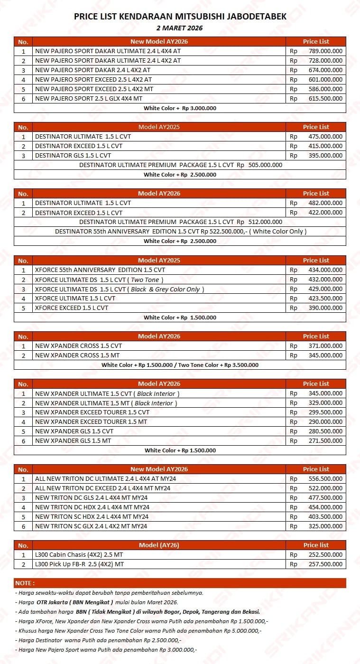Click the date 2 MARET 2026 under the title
click(180, 28)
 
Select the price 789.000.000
click(325, 51)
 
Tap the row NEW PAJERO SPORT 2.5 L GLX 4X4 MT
click(89, 99)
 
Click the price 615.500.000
click(325, 99)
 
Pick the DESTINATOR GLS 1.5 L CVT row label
click(73, 156)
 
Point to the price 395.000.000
click(325, 156)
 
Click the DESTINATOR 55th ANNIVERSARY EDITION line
click(180, 232)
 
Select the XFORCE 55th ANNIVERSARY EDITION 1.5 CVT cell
click(100, 270)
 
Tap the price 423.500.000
click(325, 299)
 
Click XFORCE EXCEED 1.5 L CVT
click(72, 308)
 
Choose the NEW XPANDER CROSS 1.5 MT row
click(77, 355)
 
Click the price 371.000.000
click(325, 346)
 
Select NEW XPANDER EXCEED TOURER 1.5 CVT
click(92, 412)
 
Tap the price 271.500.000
click(325, 441)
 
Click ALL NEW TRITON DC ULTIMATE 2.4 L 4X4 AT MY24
click(105, 479)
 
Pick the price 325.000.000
click(325, 526)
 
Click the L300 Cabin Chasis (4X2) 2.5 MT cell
click(79, 555)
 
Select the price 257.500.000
click(325, 564)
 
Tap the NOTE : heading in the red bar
click(25, 583)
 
